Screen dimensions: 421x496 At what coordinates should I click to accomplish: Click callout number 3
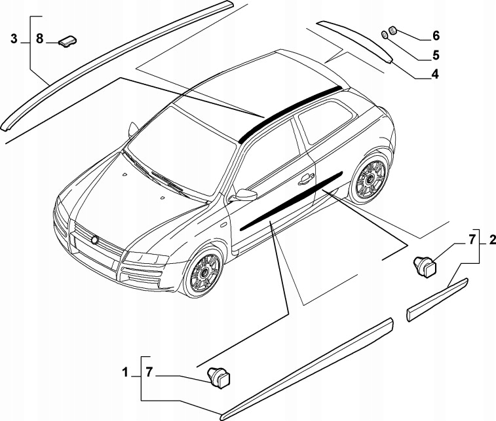click(x=14, y=39)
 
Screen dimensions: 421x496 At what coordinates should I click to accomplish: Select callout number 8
click(x=39, y=39)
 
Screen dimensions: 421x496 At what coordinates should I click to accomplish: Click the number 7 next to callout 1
click(x=149, y=373)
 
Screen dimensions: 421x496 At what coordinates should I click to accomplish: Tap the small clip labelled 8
click(x=67, y=42)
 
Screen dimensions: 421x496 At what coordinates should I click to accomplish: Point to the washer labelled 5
click(x=386, y=35)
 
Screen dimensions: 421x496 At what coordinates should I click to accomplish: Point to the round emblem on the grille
click(x=96, y=240)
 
